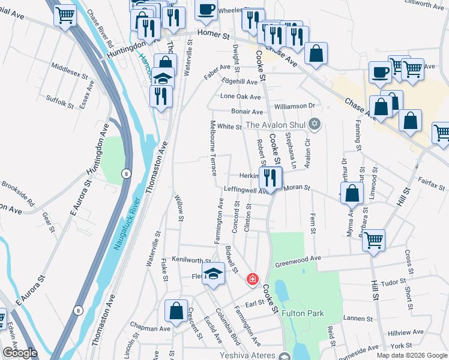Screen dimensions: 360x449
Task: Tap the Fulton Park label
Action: click(304, 313)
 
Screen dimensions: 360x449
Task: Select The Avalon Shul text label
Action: click(276, 125)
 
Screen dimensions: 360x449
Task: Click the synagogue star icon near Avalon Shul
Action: click(315, 125)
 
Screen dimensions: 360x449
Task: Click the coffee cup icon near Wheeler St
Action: click(206, 10)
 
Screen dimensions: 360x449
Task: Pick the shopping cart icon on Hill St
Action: click(373, 240)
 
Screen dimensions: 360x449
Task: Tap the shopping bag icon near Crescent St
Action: click(176, 311)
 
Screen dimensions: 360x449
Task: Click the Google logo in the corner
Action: click(20, 353)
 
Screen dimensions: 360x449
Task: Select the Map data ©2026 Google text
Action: click(411, 355)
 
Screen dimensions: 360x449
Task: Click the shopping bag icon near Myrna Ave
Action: click(352, 193)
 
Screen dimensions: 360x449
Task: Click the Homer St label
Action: click(218, 36)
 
